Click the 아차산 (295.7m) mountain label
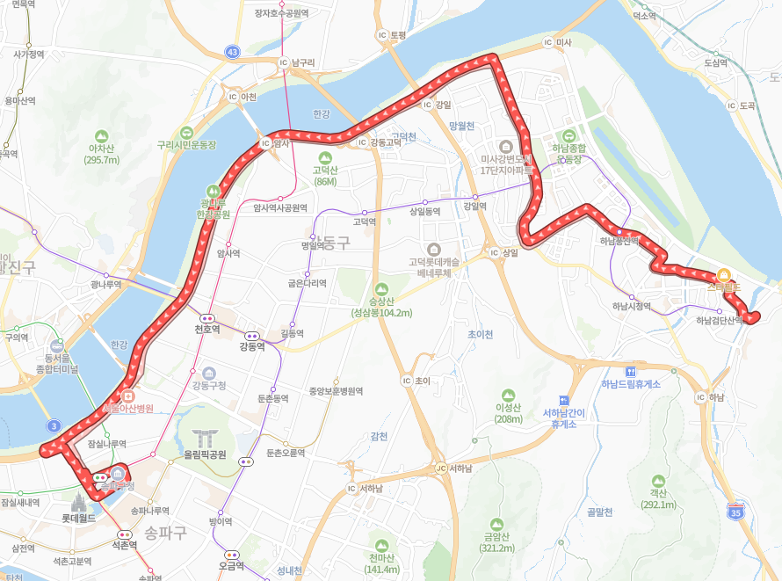(x=101, y=154)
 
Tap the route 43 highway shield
(x=232, y=52)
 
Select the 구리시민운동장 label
(x=186, y=144)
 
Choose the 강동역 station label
(x=252, y=346)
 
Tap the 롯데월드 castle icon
(x=79, y=502)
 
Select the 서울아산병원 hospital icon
(x=127, y=395)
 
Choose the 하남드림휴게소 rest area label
(x=630, y=383)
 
